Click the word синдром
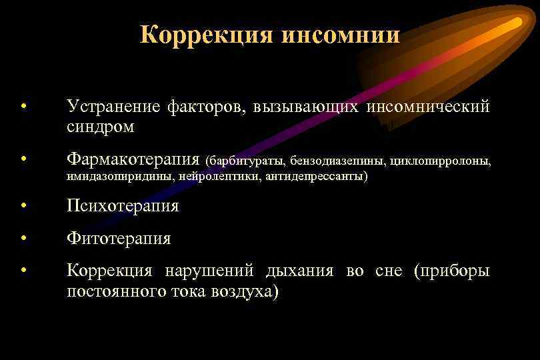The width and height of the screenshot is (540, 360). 101,126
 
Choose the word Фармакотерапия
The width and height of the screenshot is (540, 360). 133,160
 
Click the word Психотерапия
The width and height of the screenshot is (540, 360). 123,206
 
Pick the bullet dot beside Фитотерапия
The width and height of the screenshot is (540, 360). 23,238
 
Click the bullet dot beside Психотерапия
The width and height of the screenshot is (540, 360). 23,206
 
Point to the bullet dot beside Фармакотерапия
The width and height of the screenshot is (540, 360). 23,159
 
